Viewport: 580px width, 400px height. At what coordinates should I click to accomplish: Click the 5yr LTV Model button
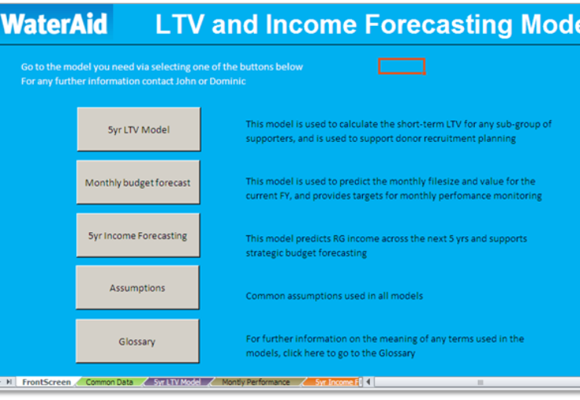pos(139,129)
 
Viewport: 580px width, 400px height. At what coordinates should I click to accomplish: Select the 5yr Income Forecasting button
pos(138,235)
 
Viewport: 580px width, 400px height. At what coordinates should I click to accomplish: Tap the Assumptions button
pos(137,288)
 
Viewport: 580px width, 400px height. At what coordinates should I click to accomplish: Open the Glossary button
pos(137,341)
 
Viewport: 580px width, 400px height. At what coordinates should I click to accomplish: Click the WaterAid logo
pos(55,24)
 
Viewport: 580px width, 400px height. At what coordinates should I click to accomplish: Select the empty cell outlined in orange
pos(402,66)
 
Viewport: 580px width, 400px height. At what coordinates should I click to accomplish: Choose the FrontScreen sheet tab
pos(46,382)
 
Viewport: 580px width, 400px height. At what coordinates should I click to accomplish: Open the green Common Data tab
pos(109,382)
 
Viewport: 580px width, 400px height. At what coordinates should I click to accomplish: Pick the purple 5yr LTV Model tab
pos(177,382)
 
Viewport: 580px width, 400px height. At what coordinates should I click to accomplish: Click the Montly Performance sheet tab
pos(256,382)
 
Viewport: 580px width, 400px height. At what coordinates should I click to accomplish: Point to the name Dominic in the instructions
pos(227,81)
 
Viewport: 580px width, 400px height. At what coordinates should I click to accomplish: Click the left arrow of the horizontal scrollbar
pos(368,382)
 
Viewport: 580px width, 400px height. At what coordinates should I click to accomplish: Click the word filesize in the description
pos(443,181)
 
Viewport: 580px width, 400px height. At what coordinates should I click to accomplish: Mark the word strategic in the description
pos(264,253)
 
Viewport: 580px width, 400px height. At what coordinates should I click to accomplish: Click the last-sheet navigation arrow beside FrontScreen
pos(9,382)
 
